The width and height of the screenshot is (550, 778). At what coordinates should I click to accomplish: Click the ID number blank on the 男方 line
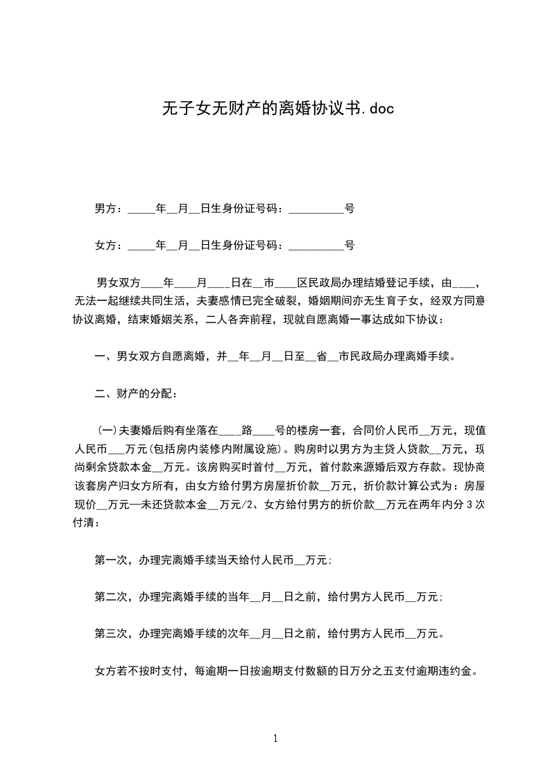(x=316, y=209)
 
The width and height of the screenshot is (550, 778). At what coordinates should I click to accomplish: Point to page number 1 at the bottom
(x=275, y=738)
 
